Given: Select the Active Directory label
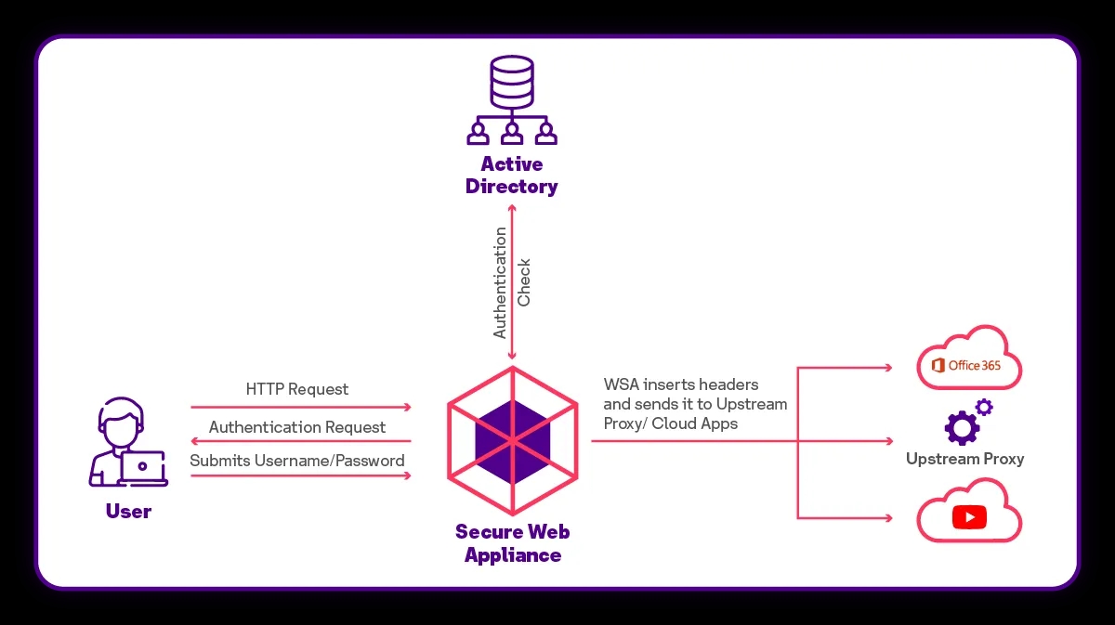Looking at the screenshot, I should coord(511,176).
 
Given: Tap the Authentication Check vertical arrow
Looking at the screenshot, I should coord(512,279).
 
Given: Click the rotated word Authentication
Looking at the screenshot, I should coord(501,282).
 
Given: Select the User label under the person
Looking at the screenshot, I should coord(128,512).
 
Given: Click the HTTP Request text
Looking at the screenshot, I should coord(297,389).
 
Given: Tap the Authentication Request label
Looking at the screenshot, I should coord(297,427).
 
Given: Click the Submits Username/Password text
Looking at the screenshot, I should coord(297,461).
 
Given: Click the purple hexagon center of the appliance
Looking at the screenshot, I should coord(512,440).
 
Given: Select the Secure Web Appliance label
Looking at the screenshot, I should coord(512,543).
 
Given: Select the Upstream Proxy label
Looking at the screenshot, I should coord(964,459).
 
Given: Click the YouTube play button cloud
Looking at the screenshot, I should coord(968,513).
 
